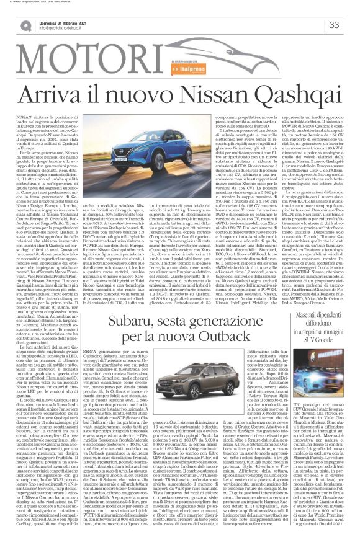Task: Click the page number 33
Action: pos(334,25)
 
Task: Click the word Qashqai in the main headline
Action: pos(244,78)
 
